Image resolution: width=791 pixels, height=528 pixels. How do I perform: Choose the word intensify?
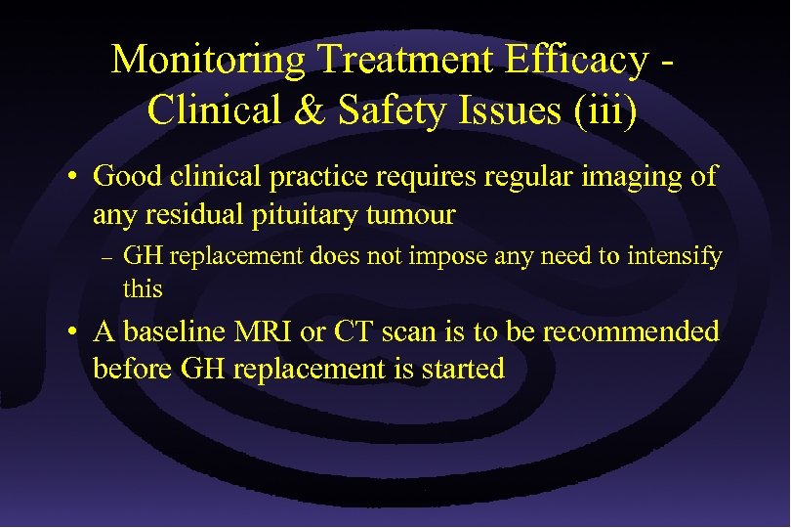(673, 257)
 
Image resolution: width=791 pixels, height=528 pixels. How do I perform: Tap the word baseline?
(177, 331)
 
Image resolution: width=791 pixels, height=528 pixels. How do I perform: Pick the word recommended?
(631, 331)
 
